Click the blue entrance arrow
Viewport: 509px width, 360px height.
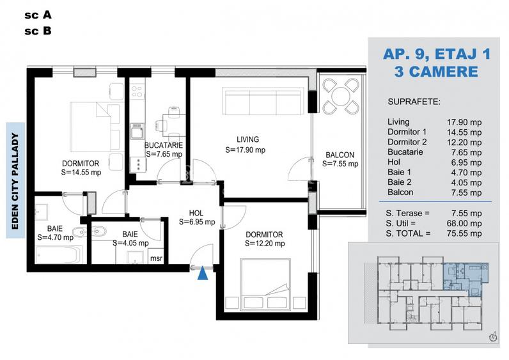(203, 273)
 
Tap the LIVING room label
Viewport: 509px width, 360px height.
(247, 139)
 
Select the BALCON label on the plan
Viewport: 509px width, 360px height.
(340, 155)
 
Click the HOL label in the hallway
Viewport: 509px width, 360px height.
(196, 214)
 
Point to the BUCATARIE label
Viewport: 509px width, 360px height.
(164, 145)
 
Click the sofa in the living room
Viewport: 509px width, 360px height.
(262, 101)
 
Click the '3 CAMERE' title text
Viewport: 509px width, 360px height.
(436, 71)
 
